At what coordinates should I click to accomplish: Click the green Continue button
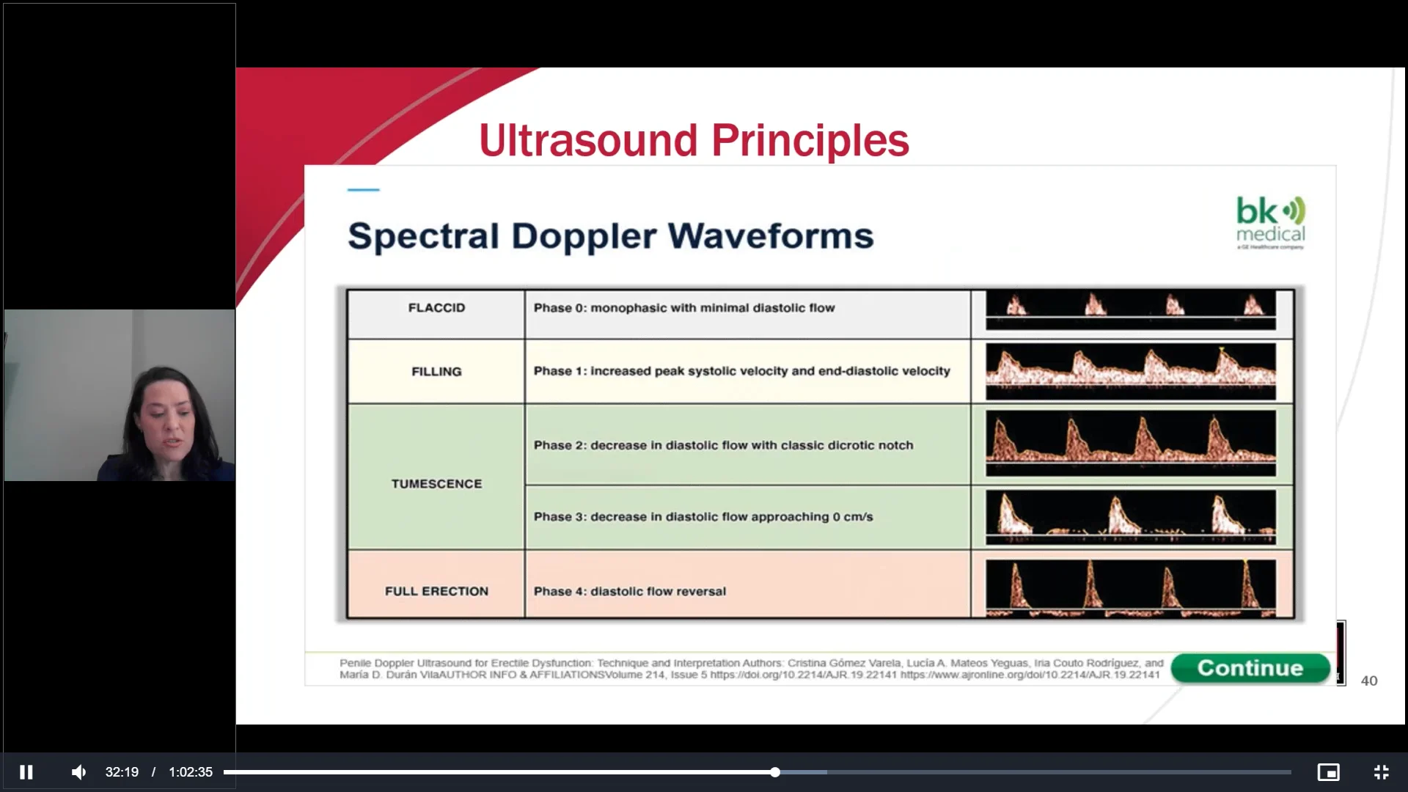[1250, 668]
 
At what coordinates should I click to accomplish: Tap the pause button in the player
[26, 772]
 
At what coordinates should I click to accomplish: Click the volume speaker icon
[78, 772]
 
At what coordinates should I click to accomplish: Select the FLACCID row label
[436, 308]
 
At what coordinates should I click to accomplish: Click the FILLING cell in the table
[436, 372]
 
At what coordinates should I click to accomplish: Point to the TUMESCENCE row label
[436, 484]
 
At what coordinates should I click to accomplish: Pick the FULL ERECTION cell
[436, 591]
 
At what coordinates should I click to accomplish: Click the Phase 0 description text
[683, 308]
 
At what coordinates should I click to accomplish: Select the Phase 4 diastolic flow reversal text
[629, 591]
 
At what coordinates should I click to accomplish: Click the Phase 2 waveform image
[1130, 444]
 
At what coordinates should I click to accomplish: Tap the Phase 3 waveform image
[1130, 517]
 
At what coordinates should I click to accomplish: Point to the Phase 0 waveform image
[1130, 309]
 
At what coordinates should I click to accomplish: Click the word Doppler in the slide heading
[584, 236]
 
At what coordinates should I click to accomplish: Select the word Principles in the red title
[810, 140]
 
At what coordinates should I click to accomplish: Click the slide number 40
[1368, 681]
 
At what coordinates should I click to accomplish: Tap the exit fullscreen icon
[1381, 772]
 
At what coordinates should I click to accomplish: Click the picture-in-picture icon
[1328, 772]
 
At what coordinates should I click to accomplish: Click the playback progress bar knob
[775, 772]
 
